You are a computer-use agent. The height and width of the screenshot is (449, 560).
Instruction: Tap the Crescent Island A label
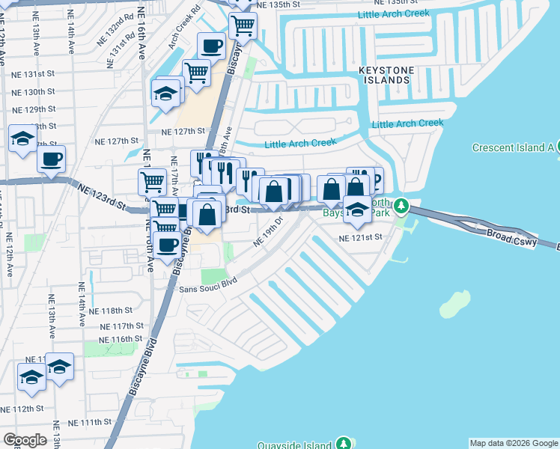tap(512, 147)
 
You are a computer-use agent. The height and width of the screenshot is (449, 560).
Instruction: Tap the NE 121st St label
tap(361, 237)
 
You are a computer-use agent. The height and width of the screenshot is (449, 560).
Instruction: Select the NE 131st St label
tap(34, 74)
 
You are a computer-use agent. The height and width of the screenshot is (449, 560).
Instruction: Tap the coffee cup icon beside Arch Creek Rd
tap(211, 46)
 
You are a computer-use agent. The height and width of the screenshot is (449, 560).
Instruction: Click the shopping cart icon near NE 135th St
tap(243, 25)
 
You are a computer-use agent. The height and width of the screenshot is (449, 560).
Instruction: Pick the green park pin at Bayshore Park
tap(401, 205)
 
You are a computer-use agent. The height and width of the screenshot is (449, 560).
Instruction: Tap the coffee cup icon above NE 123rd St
tap(52, 159)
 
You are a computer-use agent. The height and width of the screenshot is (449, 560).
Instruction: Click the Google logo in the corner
tap(25, 440)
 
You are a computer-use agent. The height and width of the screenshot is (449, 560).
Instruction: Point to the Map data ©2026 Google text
tap(514, 443)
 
